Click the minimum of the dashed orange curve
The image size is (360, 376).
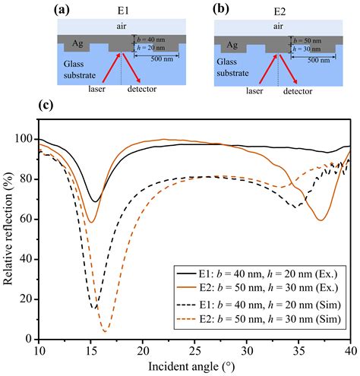pyautogui.click(x=105, y=332)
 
